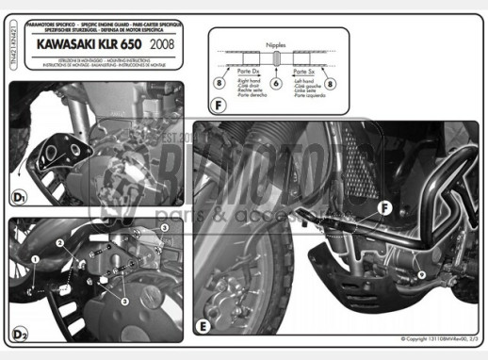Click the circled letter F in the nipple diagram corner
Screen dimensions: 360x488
pyautogui.click(x=219, y=106)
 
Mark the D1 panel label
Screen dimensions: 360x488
pyautogui.click(x=20, y=199)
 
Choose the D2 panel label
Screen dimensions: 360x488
pyautogui.click(x=20, y=334)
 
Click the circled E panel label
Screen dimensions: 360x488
pyautogui.click(x=203, y=328)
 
